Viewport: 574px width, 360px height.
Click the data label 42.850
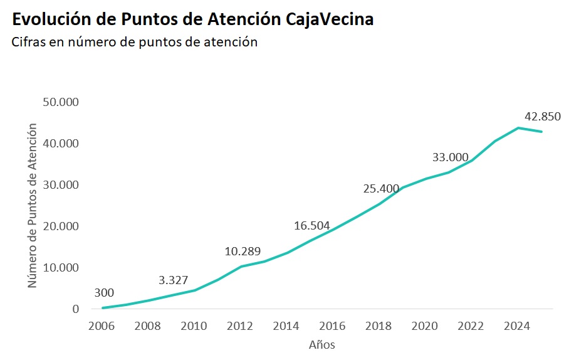(542, 117)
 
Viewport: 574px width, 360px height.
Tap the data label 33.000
(451, 157)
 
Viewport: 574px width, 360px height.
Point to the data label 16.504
(312, 226)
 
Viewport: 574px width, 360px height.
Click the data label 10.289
(243, 251)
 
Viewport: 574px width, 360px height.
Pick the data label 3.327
(173, 280)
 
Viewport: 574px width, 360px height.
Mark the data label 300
(104, 293)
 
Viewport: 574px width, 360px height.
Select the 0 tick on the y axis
(76, 309)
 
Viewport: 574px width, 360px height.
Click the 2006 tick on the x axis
(102, 326)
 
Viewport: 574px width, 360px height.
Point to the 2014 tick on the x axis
(286, 326)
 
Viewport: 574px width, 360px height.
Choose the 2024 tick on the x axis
(518, 326)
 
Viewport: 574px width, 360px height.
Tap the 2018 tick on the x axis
(379, 326)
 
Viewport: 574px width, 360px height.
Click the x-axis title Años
(322, 345)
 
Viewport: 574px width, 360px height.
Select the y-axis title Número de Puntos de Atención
(33, 206)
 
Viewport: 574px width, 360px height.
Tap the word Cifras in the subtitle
(29, 42)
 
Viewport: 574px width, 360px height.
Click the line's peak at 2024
(518, 128)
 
